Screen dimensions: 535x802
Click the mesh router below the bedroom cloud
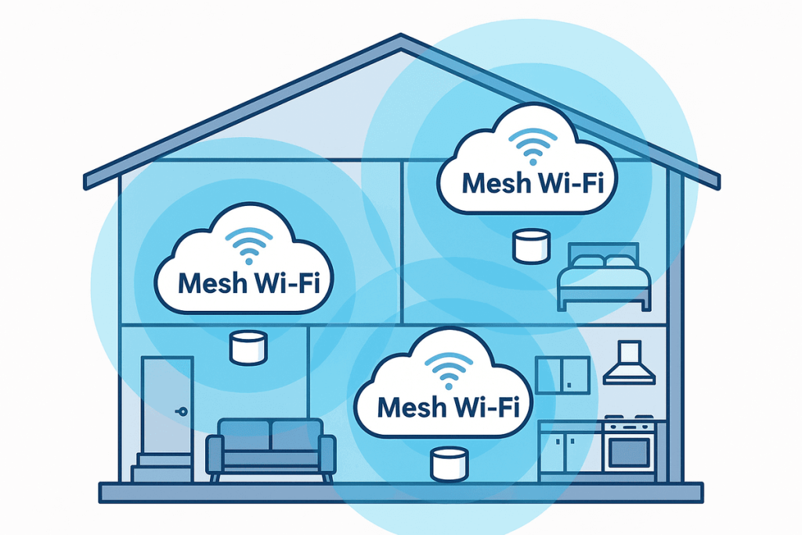(x=529, y=246)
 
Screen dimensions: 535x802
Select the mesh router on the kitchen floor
(x=450, y=464)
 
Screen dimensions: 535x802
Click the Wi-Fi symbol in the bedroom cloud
(x=533, y=146)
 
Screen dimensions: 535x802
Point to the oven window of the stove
(x=630, y=450)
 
